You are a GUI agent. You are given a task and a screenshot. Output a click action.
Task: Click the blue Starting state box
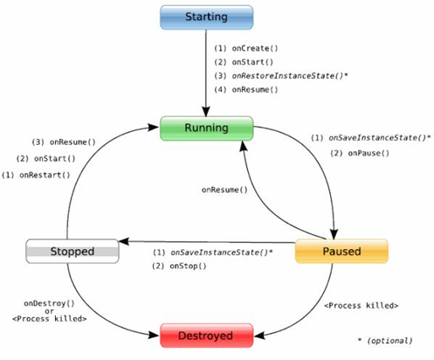pos(207,17)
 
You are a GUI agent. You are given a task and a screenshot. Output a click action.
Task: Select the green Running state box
pos(206,128)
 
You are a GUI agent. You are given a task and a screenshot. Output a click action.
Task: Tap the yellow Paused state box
pos(341,252)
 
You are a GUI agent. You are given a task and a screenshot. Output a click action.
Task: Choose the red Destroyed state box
pos(206,334)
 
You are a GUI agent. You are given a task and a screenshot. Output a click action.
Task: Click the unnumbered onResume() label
pos(224,190)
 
